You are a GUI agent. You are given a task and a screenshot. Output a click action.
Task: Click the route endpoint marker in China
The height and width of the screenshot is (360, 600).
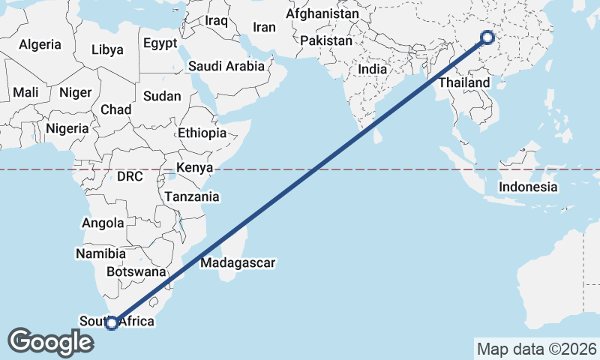click(x=487, y=37)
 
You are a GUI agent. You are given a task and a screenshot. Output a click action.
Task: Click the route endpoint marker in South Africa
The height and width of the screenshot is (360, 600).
click(x=112, y=323)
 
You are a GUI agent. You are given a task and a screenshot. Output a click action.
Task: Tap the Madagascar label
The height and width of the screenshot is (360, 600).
click(x=238, y=263)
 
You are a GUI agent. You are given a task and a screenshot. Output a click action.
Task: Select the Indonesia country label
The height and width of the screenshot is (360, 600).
click(x=528, y=187)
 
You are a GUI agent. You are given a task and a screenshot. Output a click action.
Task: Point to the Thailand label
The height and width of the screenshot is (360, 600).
click(x=464, y=82)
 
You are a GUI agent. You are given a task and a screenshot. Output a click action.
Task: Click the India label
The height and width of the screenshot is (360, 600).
click(x=372, y=69)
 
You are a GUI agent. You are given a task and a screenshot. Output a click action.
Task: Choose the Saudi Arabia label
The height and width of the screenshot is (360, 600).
click(x=226, y=66)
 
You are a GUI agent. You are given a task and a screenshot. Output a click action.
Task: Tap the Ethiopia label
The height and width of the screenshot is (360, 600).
click(x=202, y=133)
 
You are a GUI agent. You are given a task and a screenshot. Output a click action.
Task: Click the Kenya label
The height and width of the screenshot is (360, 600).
click(x=194, y=167)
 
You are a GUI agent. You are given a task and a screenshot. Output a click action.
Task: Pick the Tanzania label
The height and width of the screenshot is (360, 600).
click(x=192, y=197)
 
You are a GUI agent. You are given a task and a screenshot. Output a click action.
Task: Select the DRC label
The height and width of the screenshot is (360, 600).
click(x=129, y=177)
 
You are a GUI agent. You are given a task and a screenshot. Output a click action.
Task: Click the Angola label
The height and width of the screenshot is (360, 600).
click(x=103, y=223)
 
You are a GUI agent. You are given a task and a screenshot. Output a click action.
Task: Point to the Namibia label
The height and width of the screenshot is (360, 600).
click(x=100, y=253)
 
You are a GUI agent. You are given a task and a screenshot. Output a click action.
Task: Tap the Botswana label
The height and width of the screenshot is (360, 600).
click(x=135, y=271)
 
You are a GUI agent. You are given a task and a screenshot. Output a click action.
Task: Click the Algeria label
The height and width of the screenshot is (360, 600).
click(x=40, y=44)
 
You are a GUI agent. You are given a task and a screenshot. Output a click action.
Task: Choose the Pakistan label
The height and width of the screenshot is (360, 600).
click(x=325, y=40)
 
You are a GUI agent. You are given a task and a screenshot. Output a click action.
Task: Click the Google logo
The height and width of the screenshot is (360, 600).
click(x=50, y=342)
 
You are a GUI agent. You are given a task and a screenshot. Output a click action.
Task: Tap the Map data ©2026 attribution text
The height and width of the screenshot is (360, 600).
click(x=536, y=349)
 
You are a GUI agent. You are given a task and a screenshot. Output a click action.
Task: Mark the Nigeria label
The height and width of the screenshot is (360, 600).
click(x=67, y=127)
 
